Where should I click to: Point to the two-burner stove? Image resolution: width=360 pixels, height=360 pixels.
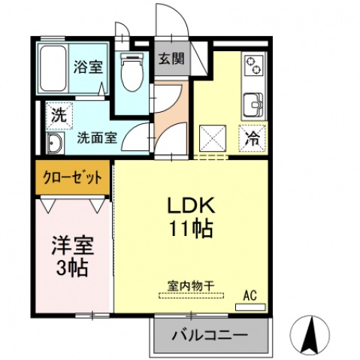pyautogui.click(x=253, y=67)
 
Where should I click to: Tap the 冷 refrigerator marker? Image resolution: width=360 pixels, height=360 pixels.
pyautogui.click(x=253, y=138)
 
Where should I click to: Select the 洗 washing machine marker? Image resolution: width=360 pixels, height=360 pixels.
pyautogui.click(x=58, y=116)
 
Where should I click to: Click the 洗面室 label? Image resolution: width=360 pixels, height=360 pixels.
pyautogui.click(x=97, y=138)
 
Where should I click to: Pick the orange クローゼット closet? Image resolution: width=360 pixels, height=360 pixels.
pyautogui.click(x=72, y=179)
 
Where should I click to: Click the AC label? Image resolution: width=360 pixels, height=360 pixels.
pyautogui.click(x=250, y=295)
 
